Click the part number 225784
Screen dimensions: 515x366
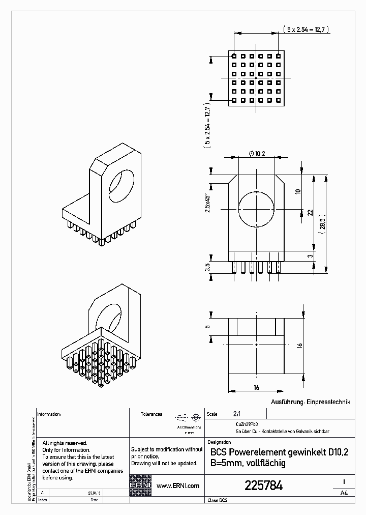coord(263,486)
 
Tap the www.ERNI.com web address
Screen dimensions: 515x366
coord(178,486)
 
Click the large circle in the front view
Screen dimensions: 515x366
coord(256,209)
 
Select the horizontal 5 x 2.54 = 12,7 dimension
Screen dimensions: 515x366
coord(309,30)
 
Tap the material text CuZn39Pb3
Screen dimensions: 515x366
coord(246,423)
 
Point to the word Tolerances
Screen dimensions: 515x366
coord(151,414)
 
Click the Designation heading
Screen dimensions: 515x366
coord(220,442)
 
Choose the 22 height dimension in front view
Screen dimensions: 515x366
coord(310,213)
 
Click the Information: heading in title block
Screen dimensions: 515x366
coord(49,414)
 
